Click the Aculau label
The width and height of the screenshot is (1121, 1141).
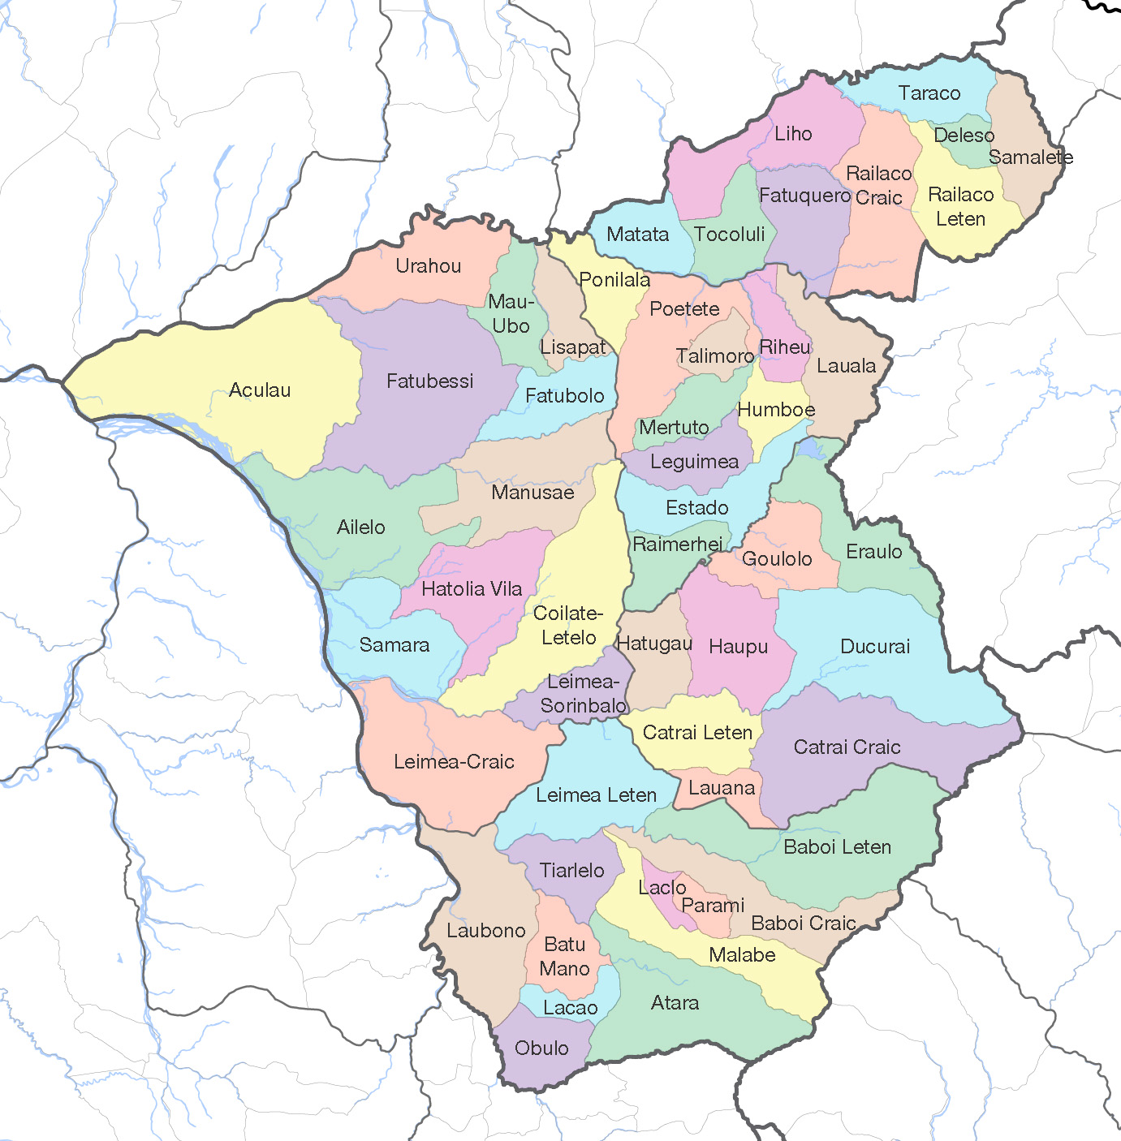tap(260, 390)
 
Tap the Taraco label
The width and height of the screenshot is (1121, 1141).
tap(929, 93)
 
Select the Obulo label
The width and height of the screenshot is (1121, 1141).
tap(541, 1048)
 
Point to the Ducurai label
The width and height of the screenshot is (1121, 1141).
tap(874, 647)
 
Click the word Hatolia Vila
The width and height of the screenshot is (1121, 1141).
tap(472, 589)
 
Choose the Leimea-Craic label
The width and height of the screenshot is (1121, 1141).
tap(454, 762)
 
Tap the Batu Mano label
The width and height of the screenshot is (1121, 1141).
tap(565, 957)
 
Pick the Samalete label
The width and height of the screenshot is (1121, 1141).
tap(1030, 157)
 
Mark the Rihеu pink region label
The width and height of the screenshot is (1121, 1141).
tap(784, 347)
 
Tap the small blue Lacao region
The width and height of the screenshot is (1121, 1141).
tap(570, 1008)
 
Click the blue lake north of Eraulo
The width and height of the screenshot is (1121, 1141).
tap(809, 448)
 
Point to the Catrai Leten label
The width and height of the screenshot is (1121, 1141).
tap(697, 733)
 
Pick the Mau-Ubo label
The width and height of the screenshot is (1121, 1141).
tap(511, 314)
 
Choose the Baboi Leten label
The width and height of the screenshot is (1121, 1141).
tap(837, 847)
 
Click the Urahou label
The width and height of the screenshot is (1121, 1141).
tap(428, 266)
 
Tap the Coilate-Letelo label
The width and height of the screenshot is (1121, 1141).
tap(568, 626)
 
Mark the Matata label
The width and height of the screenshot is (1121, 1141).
tap(637, 235)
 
